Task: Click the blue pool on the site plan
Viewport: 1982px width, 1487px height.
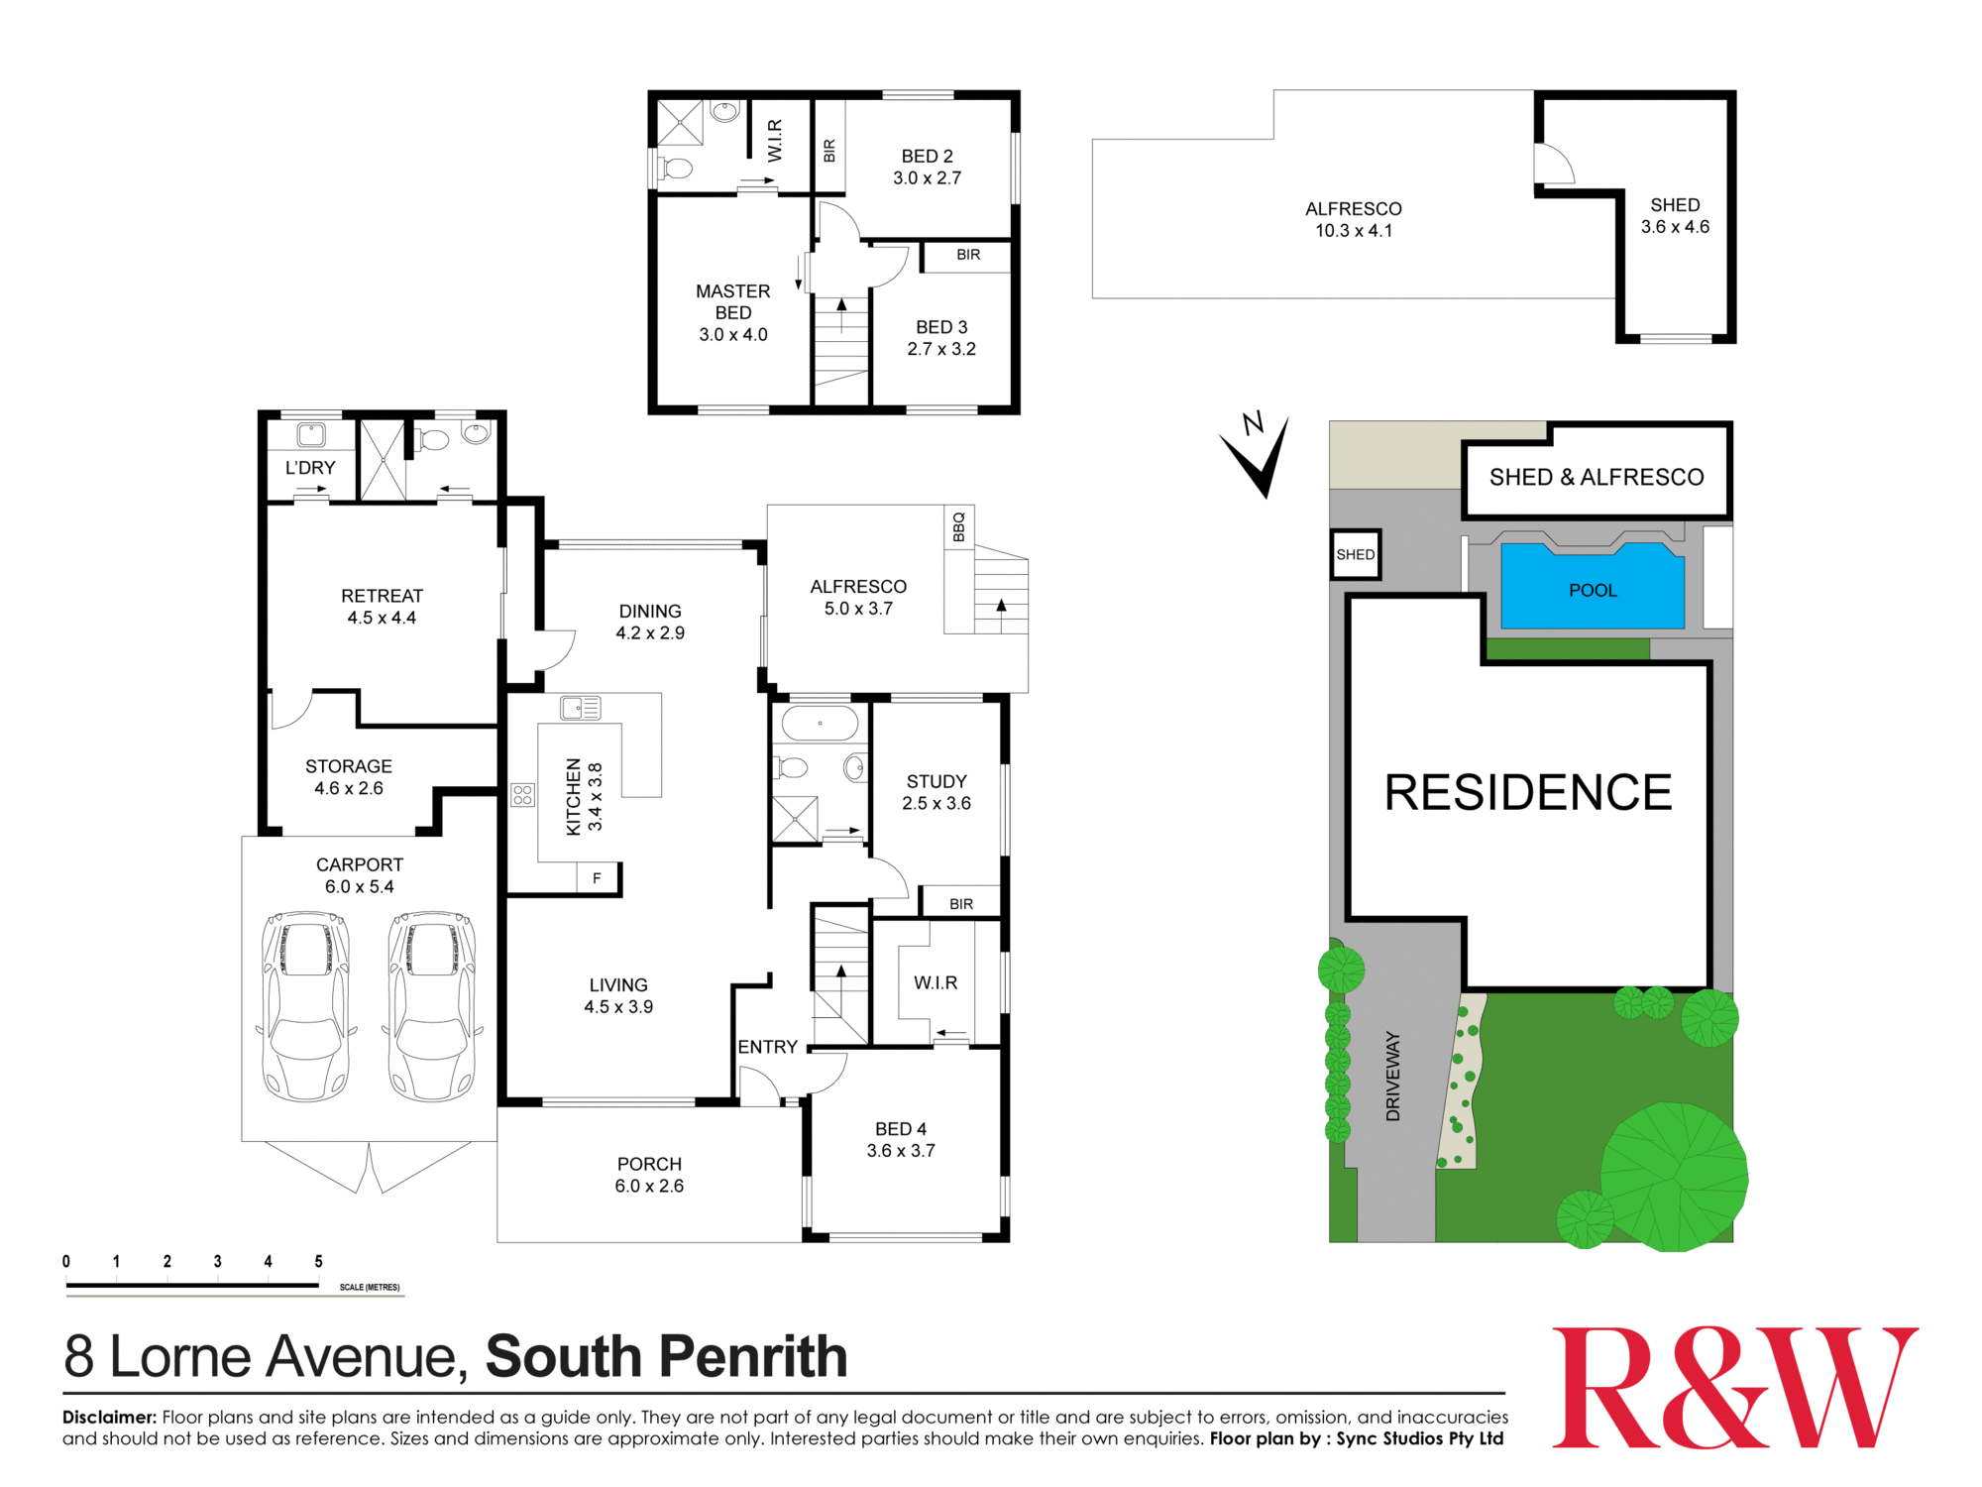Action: (x=1593, y=588)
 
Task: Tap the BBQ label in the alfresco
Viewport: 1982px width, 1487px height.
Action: (x=958, y=526)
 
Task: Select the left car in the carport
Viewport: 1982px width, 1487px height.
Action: (x=305, y=1005)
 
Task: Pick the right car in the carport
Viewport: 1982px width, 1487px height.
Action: (x=432, y=1005)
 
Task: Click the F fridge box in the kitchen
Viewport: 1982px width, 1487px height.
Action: (x=597, y=877)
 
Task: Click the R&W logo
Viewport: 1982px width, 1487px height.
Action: (x=1734, y=1388)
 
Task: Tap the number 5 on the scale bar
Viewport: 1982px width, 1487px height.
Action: (x=318, y=1262)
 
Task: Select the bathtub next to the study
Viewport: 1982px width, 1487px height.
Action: (x=820, y=723)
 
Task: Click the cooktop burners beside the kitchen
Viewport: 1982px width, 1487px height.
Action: (x=522, y=794)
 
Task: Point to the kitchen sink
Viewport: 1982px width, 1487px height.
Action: (x=580, y=708)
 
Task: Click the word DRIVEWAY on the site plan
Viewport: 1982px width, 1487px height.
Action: (x=1393, y=1076)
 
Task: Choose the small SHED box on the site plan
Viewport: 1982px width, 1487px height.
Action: (x=1355, y=554)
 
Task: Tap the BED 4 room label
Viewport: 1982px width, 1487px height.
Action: (x=901, y=1129)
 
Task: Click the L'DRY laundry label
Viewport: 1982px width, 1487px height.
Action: (x=310, y=468)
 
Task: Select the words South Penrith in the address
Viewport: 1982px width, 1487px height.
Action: (x=666, y=1356)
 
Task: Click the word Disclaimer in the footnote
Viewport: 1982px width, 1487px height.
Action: (x=109, y=1418)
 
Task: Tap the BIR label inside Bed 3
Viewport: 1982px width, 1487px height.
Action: (x=968, y=255)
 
